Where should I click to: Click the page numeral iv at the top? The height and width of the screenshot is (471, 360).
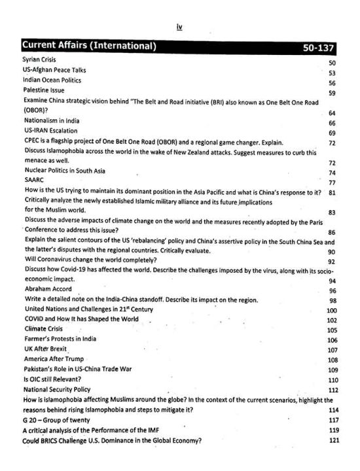tap(179, 26)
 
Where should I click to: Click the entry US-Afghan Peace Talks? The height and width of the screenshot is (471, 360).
tap(54, 69)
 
